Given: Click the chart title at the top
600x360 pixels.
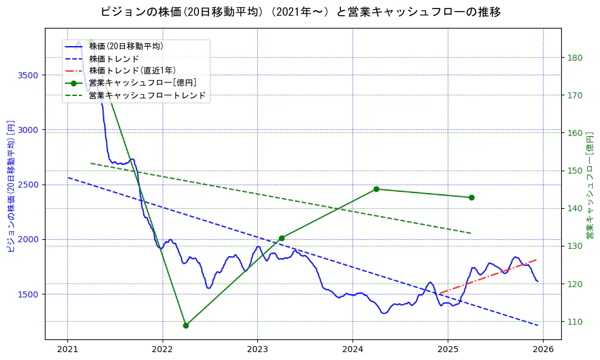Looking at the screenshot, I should click(300, 12).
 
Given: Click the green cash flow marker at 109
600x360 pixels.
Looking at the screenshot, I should click(186, 325).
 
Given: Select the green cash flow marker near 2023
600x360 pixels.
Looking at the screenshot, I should click(281, 238).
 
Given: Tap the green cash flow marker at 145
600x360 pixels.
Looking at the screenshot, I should click(376, 189).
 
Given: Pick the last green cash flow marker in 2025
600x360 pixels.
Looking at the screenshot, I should click(471, 197).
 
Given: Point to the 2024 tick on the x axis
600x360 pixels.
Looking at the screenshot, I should click(352, 350).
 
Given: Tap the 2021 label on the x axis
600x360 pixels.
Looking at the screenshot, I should click(67, 350).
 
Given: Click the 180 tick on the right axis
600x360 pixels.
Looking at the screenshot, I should click(575, 58).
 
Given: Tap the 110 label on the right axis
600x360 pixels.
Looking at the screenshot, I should click(575, 322).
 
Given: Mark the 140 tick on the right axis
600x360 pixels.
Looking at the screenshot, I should click(575, 209).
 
